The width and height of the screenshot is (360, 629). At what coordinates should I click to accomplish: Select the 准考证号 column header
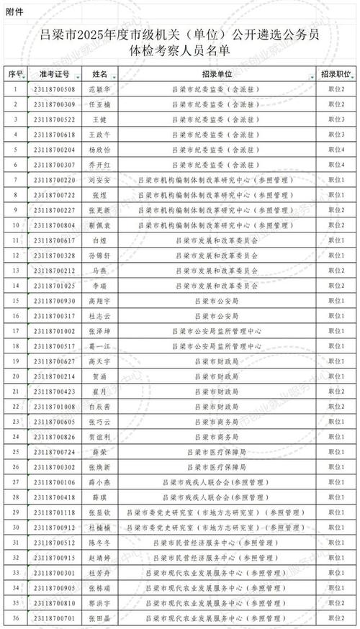54,73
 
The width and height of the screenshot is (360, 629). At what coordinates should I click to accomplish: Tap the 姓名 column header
100,73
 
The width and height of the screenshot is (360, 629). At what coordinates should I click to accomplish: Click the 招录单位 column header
217,73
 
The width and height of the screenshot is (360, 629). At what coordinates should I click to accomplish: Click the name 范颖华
101,89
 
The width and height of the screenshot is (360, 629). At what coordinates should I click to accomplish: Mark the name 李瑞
101,286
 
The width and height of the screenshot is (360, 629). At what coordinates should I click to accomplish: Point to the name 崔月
101,392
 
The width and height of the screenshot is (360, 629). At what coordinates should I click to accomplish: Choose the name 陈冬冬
101,543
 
